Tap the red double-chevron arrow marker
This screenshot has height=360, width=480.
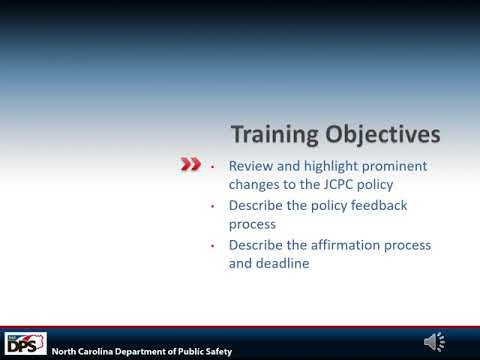click(x=190, y=165)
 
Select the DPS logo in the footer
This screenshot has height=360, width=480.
click(x=26, y=343)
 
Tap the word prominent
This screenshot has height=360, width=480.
click(x=398, y=165)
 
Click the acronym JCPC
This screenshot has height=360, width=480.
click(x=357, y=185)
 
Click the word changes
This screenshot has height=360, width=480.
click(x=256, y=185)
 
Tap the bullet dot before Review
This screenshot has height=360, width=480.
click(x=213, y=165)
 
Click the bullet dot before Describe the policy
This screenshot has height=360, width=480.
click(x=213, y=205)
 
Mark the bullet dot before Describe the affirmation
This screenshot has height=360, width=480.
click(x=213, y=245)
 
